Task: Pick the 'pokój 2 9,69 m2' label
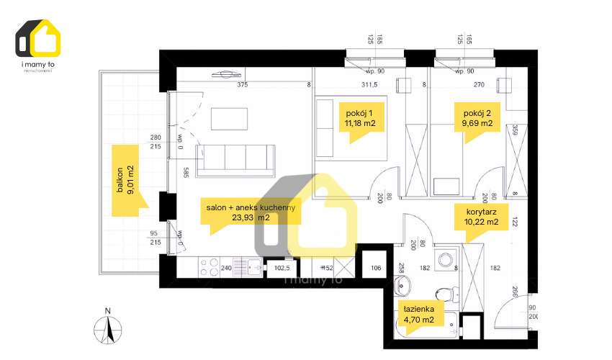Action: click(x=477, y=117)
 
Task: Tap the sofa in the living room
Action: click(x=235, y=160)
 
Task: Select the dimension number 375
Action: click(x=243, y=84)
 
